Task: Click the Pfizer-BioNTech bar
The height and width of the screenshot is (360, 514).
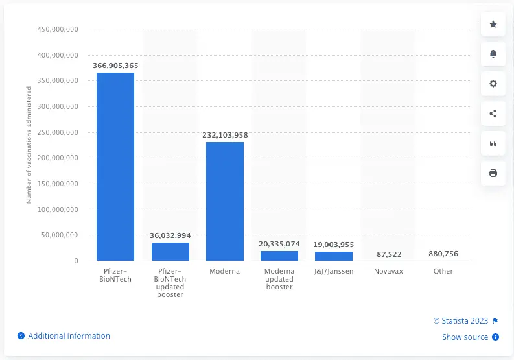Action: coord(115,167)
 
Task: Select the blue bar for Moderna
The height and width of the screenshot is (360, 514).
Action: coord(225,201)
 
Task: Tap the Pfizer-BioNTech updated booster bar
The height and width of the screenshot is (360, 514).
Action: coord(170,252)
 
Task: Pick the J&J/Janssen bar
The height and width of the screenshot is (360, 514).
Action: coord(334,256)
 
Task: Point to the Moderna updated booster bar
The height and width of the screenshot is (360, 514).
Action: coord(279,256)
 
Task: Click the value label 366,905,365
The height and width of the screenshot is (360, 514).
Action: coord(115,66)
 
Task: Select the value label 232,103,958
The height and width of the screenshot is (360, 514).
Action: coord(225,135)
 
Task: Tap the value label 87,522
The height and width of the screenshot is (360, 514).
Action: coord(388,254)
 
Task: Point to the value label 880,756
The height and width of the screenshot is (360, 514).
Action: coord(443,254)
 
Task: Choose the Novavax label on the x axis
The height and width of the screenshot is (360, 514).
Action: coord(388,271)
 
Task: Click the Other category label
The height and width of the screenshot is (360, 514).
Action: coord(443,271)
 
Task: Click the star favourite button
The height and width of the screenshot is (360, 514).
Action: coord(493,25)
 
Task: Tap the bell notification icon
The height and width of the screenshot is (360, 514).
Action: coord(493,54)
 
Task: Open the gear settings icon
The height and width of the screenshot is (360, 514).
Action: coord(493,84)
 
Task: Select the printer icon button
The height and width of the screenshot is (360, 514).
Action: coord(493,173)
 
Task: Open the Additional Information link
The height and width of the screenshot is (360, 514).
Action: coord(69,336)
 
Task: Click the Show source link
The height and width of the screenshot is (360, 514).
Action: coord(465,337)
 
